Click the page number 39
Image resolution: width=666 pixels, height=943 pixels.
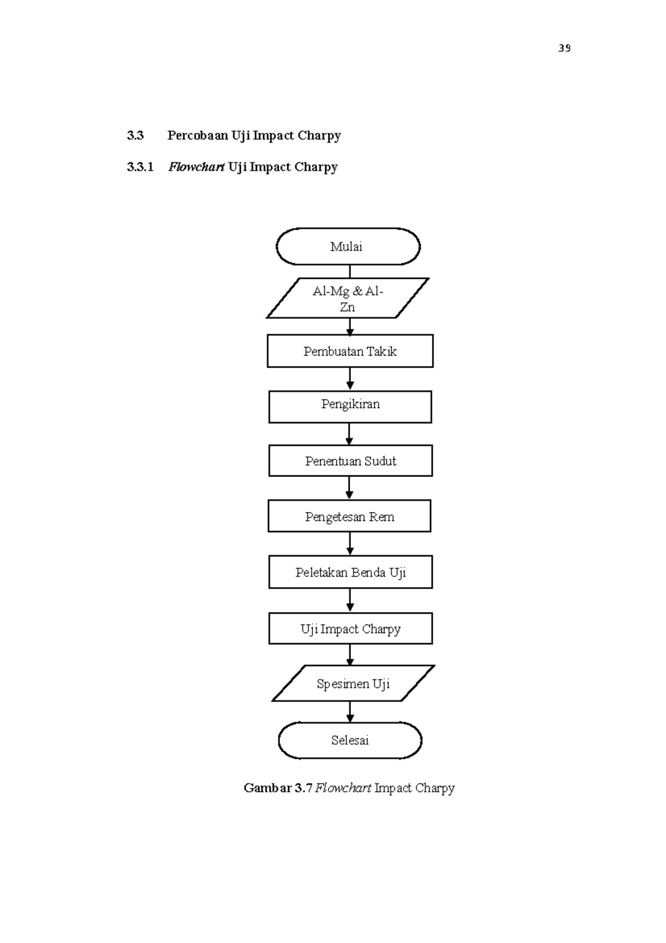tap(564, 48)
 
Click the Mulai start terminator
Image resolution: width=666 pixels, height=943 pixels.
tap(348, 247)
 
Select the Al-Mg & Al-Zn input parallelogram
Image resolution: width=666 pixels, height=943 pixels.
tap(348, 299)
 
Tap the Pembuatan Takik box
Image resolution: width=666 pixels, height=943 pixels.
tap(350, 351)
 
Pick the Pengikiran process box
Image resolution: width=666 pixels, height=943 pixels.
tap(350, 407)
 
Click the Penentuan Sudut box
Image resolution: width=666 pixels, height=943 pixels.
tap(350, 461)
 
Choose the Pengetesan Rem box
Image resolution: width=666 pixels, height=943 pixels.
tap(350, 516)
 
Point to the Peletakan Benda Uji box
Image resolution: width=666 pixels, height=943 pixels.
tap(350, 573)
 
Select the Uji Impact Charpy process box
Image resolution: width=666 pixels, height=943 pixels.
tap(350, 629)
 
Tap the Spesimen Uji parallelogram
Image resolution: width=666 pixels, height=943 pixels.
tap(353, 684)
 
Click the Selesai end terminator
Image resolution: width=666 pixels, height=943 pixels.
tap(350, 740)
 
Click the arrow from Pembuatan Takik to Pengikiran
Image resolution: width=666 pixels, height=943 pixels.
tap(350, 379)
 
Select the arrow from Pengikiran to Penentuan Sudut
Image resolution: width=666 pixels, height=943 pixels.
tap(350, 434)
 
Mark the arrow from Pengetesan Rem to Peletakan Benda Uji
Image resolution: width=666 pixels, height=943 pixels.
tap(350, 544)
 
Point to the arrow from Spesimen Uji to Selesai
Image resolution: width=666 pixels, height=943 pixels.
tap(350, 711)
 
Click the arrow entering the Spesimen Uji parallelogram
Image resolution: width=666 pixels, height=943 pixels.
tap(350, 655)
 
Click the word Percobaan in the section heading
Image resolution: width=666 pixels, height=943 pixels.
tap(198, 136)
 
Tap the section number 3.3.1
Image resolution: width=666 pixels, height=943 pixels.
tap(140, 167)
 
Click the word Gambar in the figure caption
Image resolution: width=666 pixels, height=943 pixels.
tap(268, 788)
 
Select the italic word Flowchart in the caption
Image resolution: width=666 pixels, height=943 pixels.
tap(343, 788)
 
